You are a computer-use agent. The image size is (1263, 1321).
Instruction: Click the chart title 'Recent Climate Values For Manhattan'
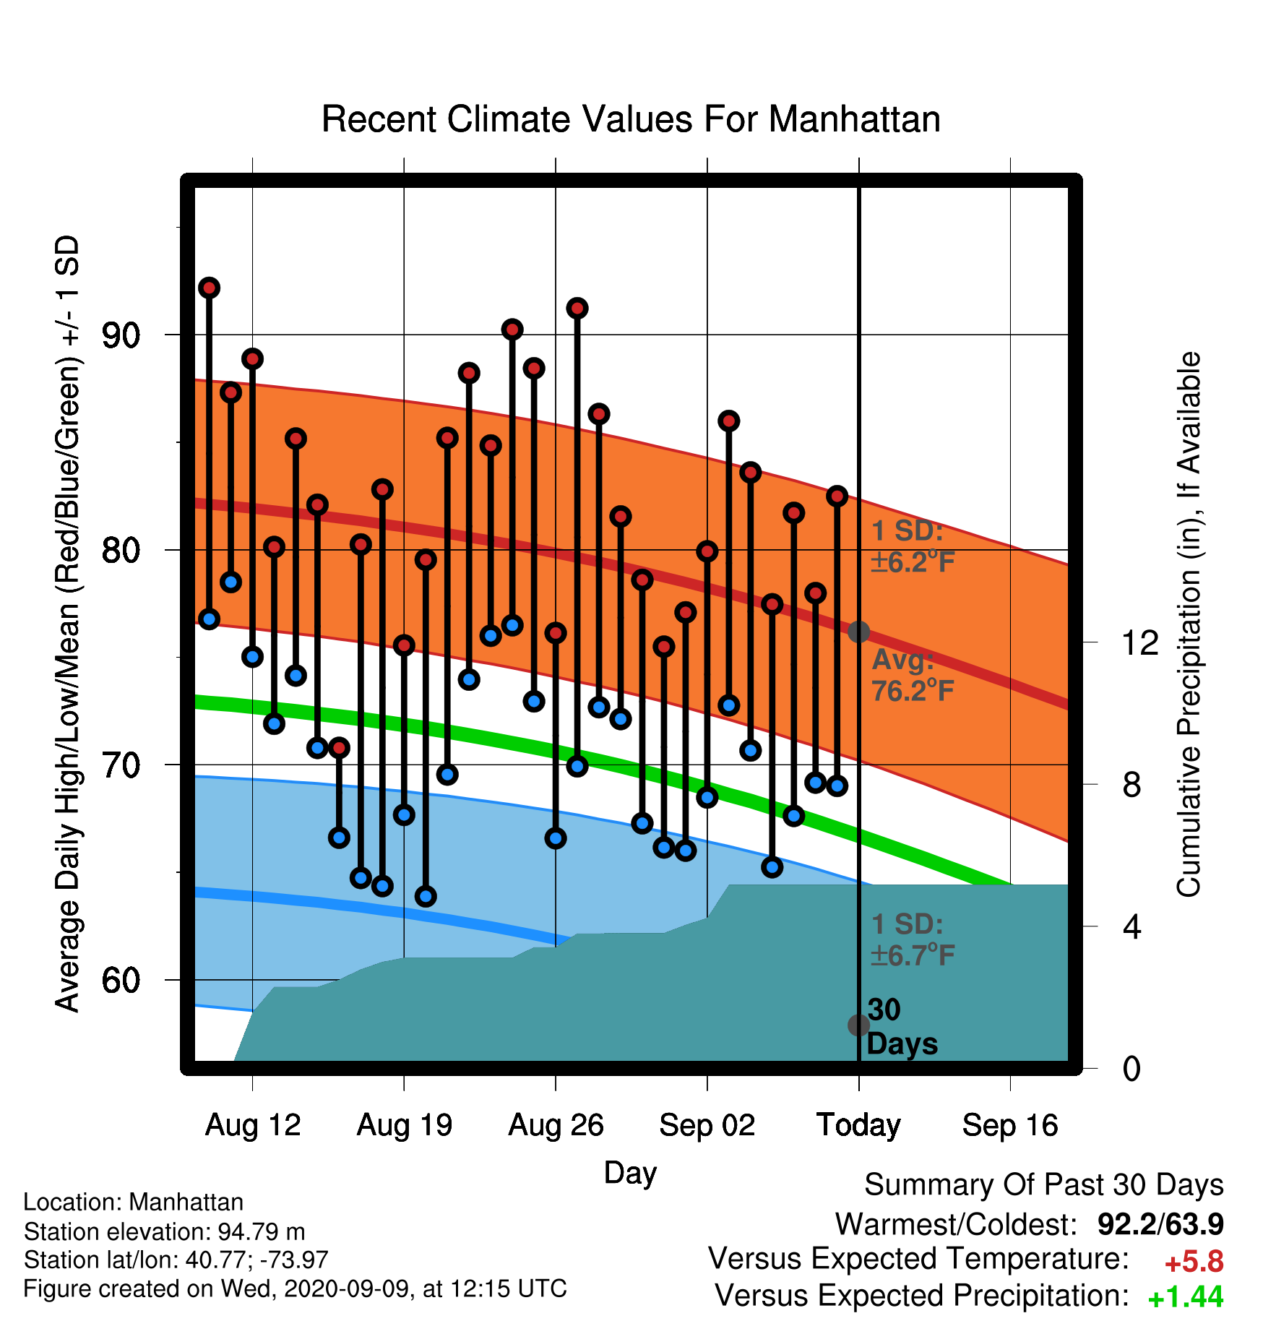[631, 119]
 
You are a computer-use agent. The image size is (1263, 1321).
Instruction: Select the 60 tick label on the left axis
[121, 980]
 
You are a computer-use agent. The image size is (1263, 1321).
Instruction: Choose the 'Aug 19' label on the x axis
[405, 1125]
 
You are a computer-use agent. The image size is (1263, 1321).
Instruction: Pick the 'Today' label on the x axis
[858, 1125]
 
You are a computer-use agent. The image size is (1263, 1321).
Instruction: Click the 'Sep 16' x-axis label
[1010, 1125]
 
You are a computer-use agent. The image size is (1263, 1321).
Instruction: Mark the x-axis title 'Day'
[630, 1172]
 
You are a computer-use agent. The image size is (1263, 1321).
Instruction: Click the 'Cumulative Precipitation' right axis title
[1189, 625]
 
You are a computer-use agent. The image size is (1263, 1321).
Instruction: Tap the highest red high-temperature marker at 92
[210, 288]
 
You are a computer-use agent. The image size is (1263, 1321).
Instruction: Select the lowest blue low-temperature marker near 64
[426, 896]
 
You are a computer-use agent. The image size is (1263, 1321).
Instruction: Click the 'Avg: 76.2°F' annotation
[913, 676]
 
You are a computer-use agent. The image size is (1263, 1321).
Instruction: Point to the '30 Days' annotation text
[902, 1027]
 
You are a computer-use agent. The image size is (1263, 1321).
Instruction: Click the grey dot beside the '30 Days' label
[858, 1025]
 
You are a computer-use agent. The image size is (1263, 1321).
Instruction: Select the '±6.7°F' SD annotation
[913, 955]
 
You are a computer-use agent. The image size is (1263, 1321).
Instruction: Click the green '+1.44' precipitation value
[1186, 1297]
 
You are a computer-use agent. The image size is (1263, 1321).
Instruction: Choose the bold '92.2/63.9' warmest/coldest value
[1160, 1224]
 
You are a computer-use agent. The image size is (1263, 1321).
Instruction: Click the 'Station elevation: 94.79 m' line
[164, 1231]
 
